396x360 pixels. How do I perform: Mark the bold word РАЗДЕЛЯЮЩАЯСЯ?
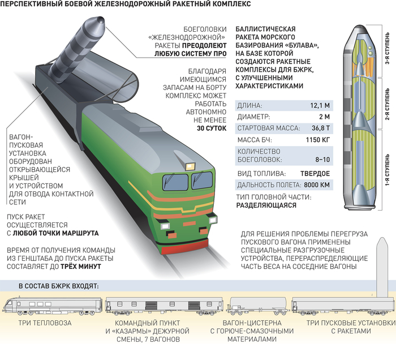(x=265, y=206)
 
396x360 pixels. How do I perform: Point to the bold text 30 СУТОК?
(x=211, y=128)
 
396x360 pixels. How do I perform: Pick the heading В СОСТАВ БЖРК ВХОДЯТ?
(x=59, y=285)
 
